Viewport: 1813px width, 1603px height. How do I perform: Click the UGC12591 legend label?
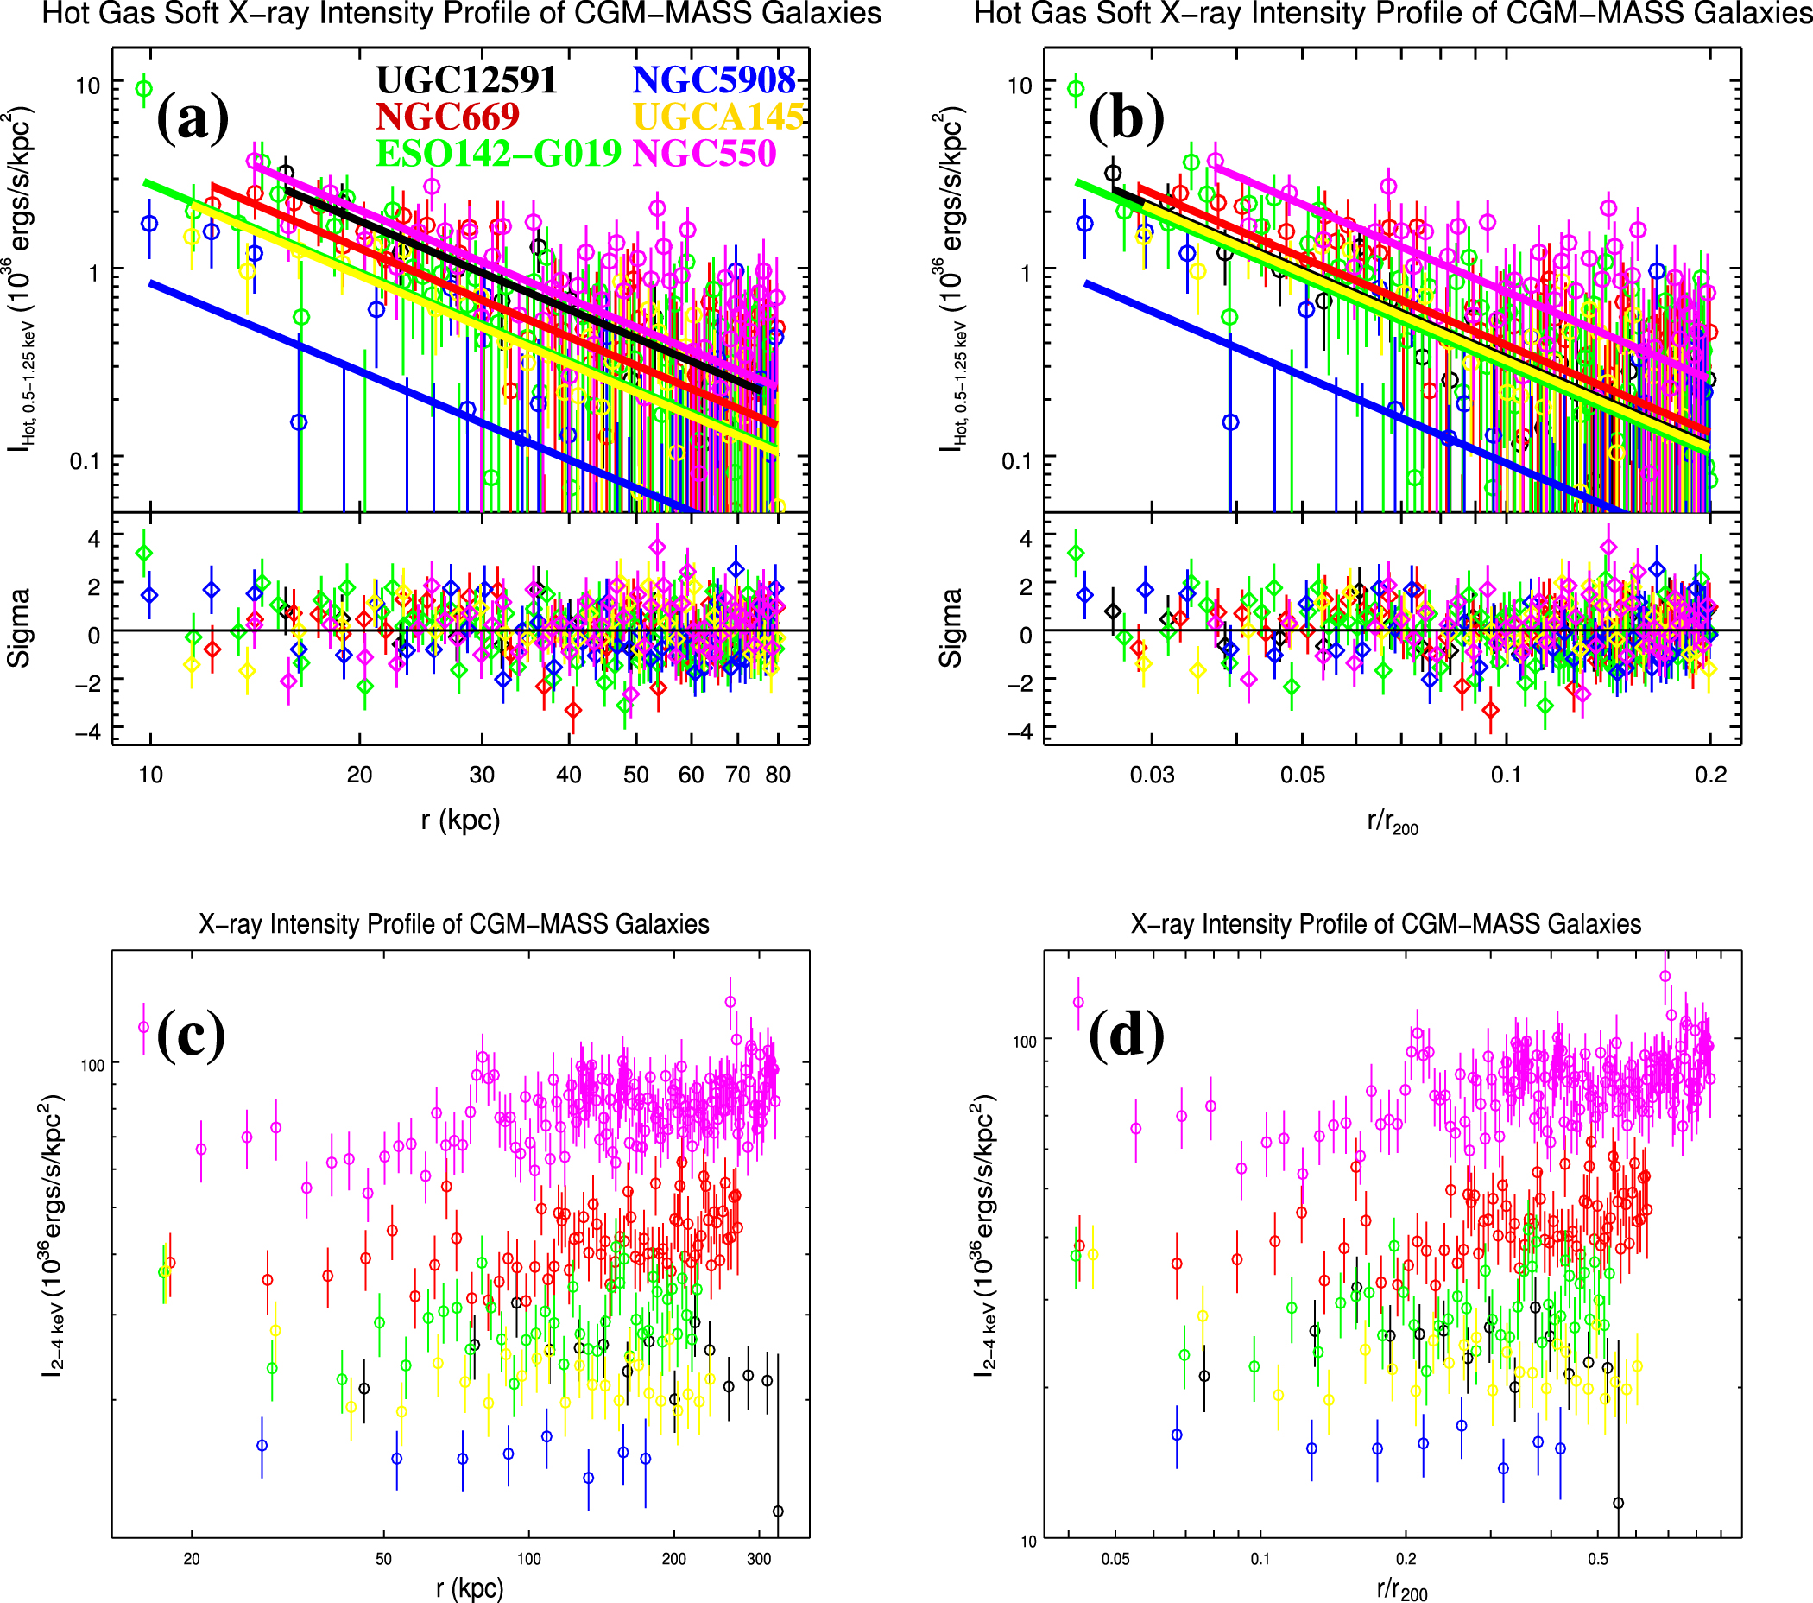point(465,79)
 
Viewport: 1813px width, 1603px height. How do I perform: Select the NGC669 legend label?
point(447,117)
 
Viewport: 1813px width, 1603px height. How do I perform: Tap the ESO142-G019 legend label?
point(498,154)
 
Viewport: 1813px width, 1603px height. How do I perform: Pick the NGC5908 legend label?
point(714,79)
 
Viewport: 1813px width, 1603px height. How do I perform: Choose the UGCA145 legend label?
point(718,117)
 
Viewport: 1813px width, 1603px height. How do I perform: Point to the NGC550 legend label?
point(704,154)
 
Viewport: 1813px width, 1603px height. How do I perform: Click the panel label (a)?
point(193,119)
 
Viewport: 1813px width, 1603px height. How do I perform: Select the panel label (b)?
point(1126,119)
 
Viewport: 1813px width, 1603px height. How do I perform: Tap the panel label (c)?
point(191,1036)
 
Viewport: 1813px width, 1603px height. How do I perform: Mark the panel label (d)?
point(1126,1036)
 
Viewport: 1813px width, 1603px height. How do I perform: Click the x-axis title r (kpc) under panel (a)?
point(460,820)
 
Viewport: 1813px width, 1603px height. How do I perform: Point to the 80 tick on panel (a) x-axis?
point(778,775)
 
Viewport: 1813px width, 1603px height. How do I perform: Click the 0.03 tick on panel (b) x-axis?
point(1152,775)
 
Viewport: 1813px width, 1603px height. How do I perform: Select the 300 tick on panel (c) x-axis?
point(758,1559)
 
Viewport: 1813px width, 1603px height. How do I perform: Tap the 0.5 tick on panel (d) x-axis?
point(1597,1559)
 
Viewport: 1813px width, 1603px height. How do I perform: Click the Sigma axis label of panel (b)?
point(950,627)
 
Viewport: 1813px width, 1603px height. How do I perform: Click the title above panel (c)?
point(453,924)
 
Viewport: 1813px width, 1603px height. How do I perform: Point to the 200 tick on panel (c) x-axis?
point(673,1559)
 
